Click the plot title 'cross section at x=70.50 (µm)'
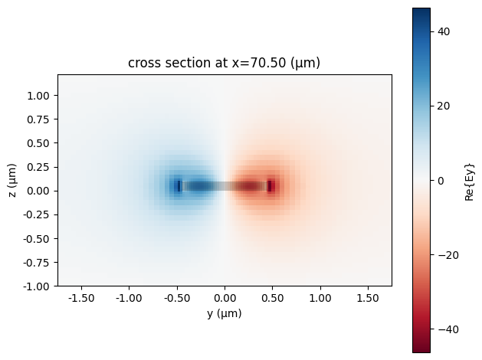tap(225, 64)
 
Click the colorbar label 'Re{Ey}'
tap(471, 181)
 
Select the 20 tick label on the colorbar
tap(444, 106)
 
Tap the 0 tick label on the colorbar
tap(441, 181)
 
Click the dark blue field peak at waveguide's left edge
tap(179, 185)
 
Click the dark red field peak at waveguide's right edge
tap(270, 185)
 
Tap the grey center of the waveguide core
tap(225, 185)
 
